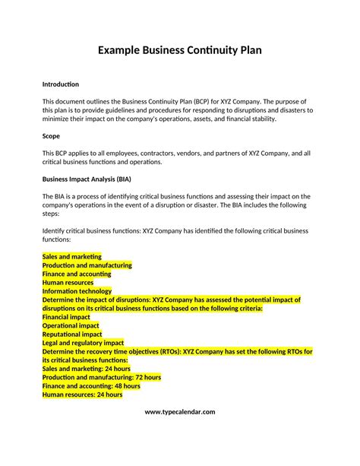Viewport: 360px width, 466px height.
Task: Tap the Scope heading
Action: [x=52, y=136]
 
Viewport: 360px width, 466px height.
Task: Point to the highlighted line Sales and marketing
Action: [x=72, y=257]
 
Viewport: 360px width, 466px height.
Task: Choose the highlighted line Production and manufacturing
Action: [x=87, y=265]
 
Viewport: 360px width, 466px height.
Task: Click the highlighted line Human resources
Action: [x=68, y=282]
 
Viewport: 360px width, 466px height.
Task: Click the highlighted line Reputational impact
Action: [x=72, y=334]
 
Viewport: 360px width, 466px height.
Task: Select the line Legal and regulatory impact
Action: [x=83, y=343]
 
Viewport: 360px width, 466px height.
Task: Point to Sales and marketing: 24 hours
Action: [x=87, y=369]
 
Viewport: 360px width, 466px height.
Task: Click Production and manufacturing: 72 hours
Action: [x=102, y=377]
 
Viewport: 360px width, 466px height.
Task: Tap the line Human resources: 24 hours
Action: [x=83, y=395]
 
